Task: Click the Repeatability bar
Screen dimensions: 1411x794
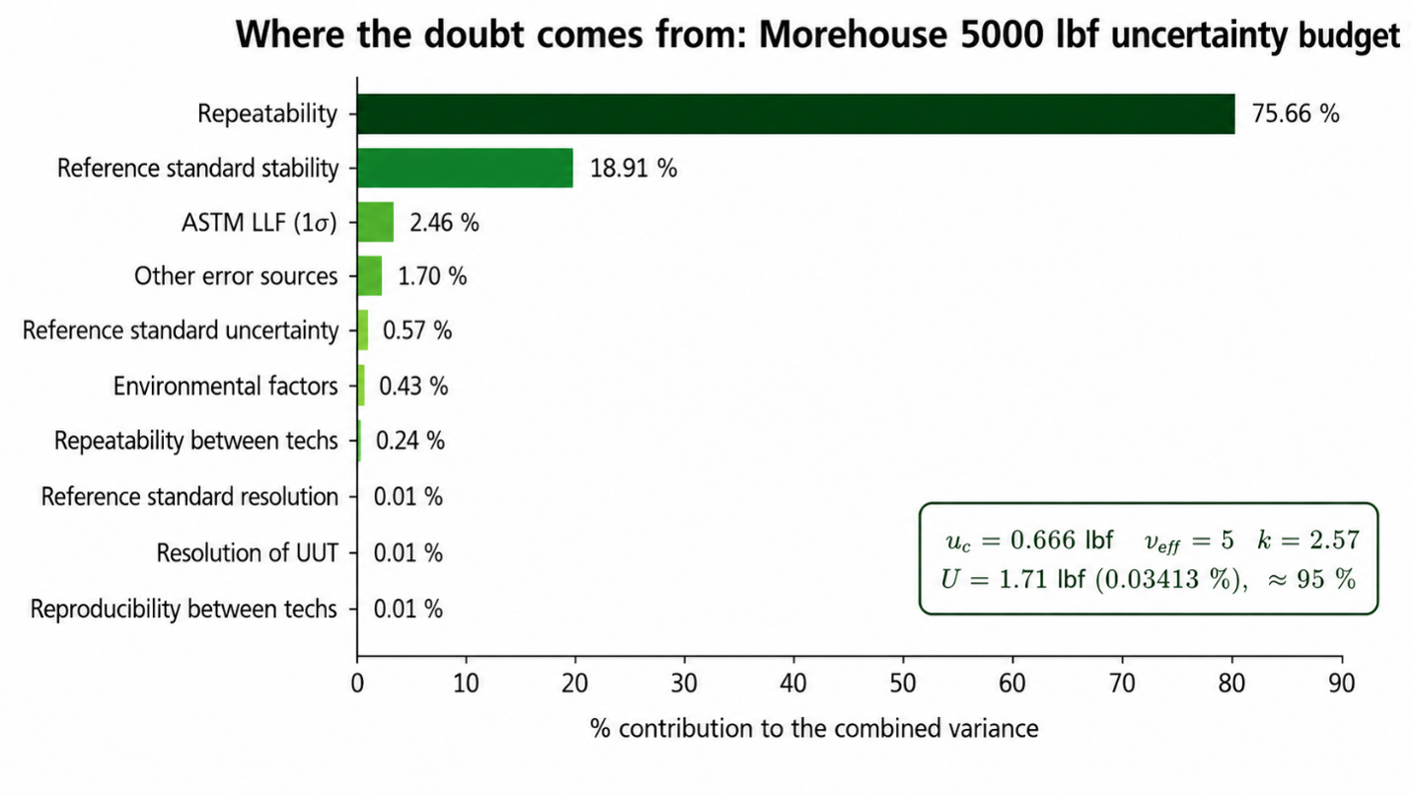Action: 795,114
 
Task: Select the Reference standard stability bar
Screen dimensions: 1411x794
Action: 465,168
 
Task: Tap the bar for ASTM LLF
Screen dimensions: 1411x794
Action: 375,222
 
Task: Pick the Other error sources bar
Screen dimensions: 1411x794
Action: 370,276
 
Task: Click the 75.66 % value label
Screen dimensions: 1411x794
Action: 1296,114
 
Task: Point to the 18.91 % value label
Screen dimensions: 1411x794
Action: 633,168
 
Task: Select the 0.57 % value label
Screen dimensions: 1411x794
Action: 417,330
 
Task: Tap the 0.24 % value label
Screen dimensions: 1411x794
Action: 410,440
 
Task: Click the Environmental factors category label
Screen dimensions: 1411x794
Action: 226,386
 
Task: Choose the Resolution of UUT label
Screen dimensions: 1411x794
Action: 247,552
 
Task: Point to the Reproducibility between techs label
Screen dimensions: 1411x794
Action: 184,609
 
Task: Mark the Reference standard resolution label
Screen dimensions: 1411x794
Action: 189,497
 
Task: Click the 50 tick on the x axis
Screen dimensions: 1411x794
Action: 903,684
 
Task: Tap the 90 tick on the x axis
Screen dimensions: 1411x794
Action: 1342,684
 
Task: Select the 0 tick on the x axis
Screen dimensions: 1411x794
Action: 357,684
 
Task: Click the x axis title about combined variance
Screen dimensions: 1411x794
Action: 814,729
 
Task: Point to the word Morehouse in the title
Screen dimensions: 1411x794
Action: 853,34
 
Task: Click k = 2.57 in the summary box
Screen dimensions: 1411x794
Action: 1308,541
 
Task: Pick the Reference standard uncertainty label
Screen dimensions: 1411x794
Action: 181,330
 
